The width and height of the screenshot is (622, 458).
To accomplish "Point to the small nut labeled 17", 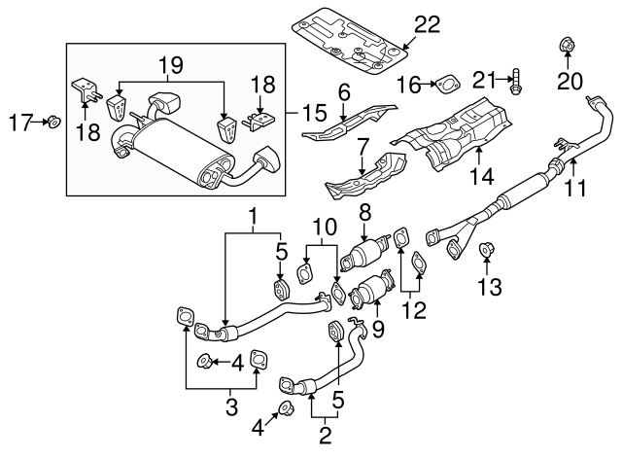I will pyautogui.click(x=55, y=122).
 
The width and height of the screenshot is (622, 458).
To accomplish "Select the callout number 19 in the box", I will pyautogui.click(x=171, y=66).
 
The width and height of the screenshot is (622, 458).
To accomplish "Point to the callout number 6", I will pyautogui.click(x=343, y=92).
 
